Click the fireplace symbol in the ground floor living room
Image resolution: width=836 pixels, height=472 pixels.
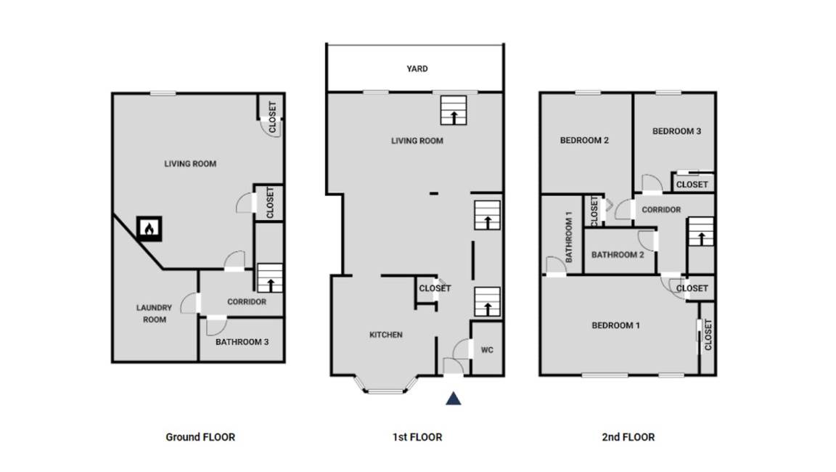[149, 229]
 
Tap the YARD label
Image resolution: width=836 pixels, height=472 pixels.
[417, 69]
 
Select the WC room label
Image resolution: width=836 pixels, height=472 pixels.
[487, 350]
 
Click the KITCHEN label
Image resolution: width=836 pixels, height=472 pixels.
[386, 335]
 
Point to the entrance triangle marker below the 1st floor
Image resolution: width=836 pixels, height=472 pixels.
[453, 399]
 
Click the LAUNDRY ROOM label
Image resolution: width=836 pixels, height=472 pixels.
[154, 314]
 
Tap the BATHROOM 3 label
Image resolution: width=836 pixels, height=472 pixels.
[242, 342]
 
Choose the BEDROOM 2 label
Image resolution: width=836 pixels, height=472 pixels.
[584, 140]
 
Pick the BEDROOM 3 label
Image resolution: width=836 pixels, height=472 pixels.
[676, 131]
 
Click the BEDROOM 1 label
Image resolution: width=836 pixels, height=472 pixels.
[616, 325]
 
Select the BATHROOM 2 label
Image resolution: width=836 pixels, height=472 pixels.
[618, 255]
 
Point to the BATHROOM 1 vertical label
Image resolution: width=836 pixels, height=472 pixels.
[569, 237]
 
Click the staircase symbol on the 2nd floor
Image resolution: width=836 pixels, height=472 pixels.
[701, 232]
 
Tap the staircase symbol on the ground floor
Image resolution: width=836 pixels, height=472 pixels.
[270, 278]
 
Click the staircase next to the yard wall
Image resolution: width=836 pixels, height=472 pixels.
[454, 110]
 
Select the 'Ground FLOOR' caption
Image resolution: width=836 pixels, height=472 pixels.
[200, 437]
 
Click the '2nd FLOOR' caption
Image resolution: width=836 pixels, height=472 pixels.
[628, 437]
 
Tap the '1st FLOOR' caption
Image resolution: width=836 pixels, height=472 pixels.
[417, 437]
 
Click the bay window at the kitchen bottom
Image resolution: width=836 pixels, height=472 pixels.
[387, 385]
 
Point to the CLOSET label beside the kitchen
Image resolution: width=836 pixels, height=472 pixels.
[435, 288]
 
